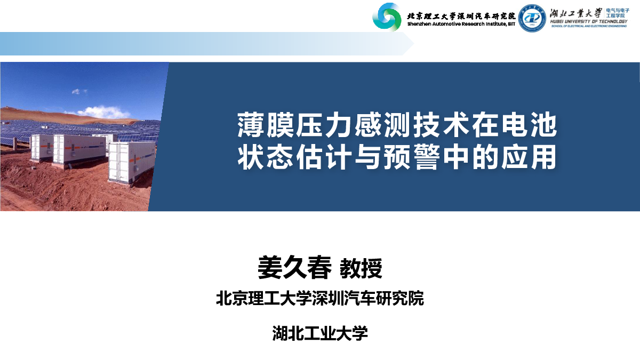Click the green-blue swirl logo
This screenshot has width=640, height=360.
pos(387,17)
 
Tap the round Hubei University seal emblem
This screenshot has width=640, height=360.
pos(532,18)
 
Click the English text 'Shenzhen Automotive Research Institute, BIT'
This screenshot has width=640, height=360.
pos(461,24)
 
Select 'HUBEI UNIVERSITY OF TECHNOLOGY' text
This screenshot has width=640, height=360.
pos(589,21)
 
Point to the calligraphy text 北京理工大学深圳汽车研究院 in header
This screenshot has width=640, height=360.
pos(461,15)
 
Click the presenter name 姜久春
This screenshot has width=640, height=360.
pos(294,268)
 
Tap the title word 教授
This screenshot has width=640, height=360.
pos(361,268)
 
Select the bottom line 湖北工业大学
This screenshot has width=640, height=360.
pos(320,333)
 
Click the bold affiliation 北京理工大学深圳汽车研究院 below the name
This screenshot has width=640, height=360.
pos(320,298)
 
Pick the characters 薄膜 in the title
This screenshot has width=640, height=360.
pos(266,125)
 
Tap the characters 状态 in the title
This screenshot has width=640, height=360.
pos(265,157)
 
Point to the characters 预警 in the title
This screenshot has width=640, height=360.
pos(412,157)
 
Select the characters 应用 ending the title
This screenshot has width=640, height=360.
pos(529,157)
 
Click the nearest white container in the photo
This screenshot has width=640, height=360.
pos(132,162)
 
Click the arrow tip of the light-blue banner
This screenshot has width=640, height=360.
pos(414,44)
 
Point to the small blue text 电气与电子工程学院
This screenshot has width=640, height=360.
pos(618,13)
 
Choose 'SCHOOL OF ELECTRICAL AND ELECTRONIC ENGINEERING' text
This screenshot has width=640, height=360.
pos(589,26)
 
